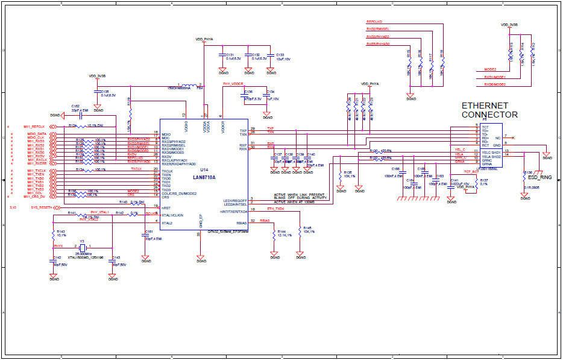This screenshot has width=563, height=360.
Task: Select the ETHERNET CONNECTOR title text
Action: (489, 110)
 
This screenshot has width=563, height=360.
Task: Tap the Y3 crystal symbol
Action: (83, 247)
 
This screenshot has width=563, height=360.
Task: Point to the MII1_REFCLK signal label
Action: (35, 127)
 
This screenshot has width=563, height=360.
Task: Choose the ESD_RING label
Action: (539, 178)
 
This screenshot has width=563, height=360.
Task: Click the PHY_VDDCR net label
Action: (233, 84)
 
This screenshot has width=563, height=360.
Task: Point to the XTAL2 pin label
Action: (167, 223)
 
